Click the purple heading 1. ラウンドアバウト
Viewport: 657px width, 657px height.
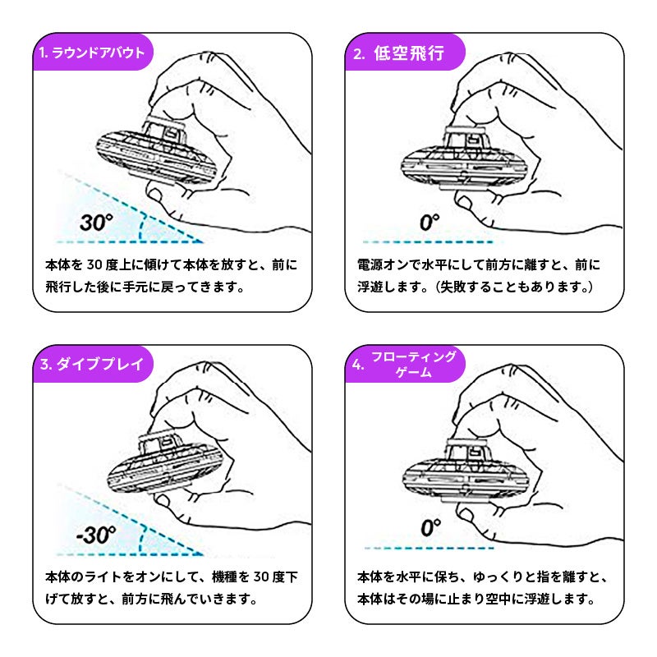pyautogui.click(x=91, y=53)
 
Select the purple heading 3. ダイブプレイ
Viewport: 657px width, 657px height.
pyautogui.click(x=91, y=364)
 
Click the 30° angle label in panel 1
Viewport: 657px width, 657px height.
pyautogui.click(x=96, y=223)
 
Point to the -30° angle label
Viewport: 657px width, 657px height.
pyautogui.click(x=96, y=535)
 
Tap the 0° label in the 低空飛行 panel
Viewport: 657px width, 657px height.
pyautogui.click(x=430, y=223)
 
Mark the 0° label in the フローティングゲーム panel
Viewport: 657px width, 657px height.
pyautogui.click(x=430, y=528)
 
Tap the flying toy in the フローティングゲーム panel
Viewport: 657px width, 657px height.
pyautogui.click(x=465, y=471)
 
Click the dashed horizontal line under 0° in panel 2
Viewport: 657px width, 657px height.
pyautogui.click(x=428, y=241)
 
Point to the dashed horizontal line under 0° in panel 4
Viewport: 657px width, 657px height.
pyautogui.click(x=430, y=548)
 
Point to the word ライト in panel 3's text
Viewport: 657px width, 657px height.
pyautogui.click(x=104, y=577)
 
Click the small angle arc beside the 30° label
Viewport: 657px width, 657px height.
pyautogui.click(x=141, y=227)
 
